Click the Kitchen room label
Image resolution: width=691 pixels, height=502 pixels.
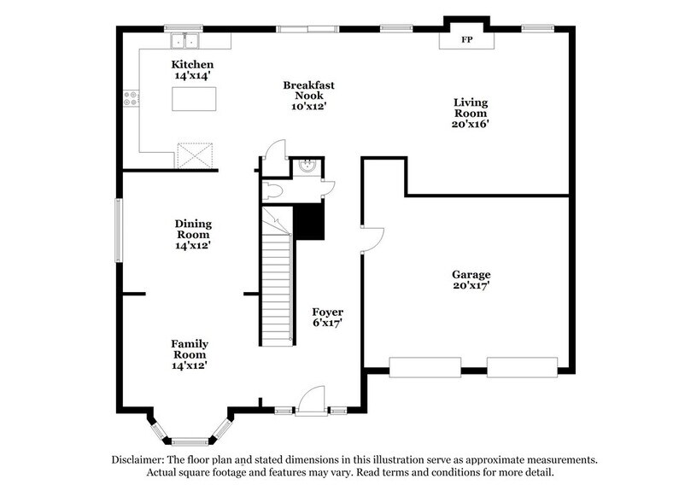192,65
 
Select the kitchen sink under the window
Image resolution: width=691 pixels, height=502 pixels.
184,41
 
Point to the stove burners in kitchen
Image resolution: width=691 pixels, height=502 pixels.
131,99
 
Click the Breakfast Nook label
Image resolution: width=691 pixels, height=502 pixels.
308,85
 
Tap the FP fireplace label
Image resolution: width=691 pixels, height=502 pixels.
466,40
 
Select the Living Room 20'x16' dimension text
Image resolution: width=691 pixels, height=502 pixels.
471,124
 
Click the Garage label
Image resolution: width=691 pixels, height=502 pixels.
471,274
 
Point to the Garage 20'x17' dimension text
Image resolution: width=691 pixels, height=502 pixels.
471,286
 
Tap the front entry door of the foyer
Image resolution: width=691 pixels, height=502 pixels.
312,401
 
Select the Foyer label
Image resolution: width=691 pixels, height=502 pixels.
327,312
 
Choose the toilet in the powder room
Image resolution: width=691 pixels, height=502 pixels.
272,191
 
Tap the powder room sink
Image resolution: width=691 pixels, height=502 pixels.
308,166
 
